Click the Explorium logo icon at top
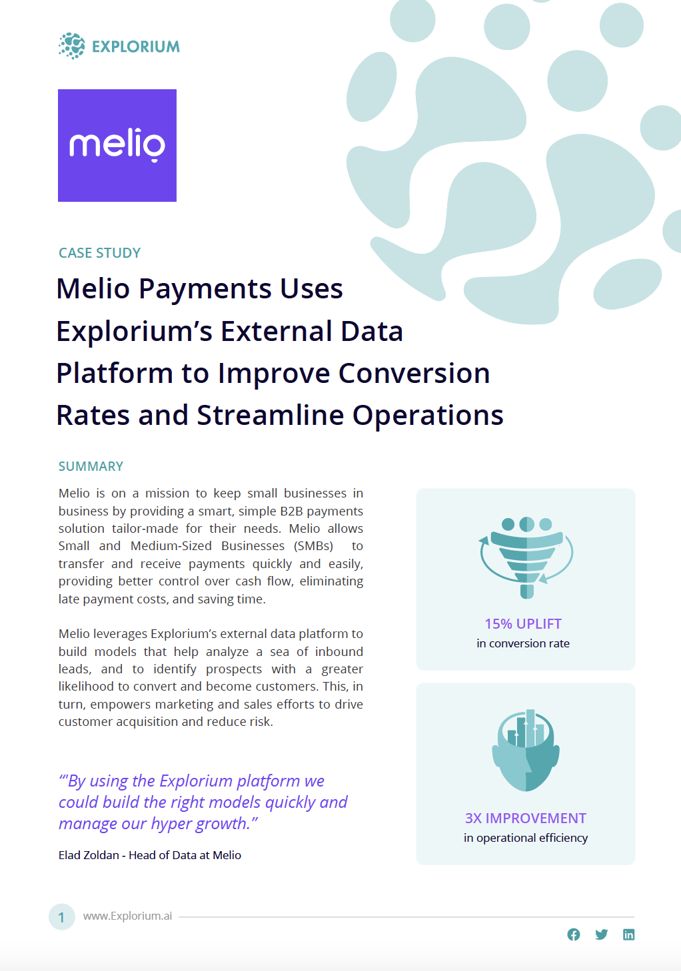click(72, 45)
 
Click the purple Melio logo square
click(117, 145)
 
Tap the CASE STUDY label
click(100, 252)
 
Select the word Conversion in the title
click(414, 374)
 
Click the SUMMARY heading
click(91, 466)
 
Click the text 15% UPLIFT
click(523, 624)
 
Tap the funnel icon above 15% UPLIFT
click(526, 557)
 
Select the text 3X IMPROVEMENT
click(526, 818)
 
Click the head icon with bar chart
click(526, 751)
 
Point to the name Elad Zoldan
click(89, 855)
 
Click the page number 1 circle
click(61, 917)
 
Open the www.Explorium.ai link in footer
click(127, 916)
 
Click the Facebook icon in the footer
click(574, 934)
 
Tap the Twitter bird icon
click(601, 934)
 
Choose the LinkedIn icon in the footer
click(628, 934)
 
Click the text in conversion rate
click(523, 643)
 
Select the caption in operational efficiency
click(526, 838)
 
